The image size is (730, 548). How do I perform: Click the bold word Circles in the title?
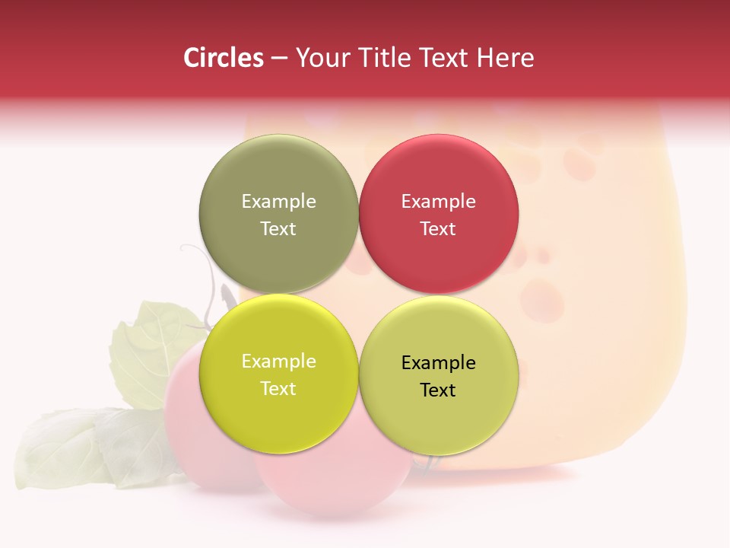pos(224,58)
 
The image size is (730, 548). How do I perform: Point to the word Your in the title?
pos(319,58)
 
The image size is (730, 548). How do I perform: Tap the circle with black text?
pos(438,411)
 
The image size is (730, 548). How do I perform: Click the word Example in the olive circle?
pos(278,201)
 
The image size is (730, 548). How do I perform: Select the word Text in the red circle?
pos(438,228)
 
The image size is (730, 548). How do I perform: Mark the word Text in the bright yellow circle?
pos(278,388)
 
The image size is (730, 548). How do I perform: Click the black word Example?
pos(438,362)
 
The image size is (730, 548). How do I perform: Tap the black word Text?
pos(438,390)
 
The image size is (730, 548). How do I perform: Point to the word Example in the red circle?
pos(438,201)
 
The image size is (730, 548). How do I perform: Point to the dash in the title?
pos(279,58)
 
